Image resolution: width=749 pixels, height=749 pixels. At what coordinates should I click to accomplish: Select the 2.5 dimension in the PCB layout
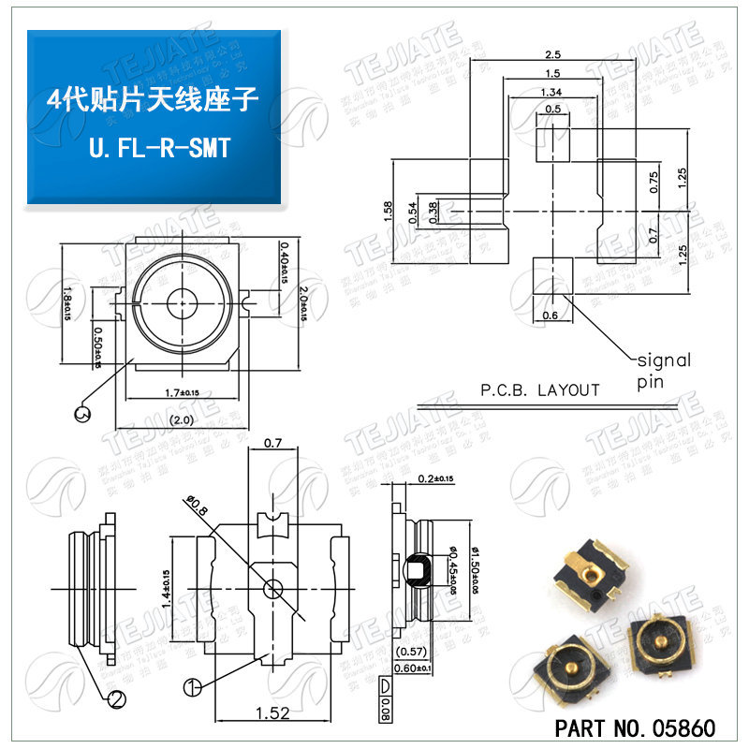(551, 54)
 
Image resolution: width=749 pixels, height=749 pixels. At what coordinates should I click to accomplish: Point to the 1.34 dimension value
(551, 91)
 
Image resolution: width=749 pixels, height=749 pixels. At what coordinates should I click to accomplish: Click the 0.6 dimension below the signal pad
(551, 316)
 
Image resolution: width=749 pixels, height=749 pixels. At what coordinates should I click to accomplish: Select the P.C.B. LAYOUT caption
(539, 389)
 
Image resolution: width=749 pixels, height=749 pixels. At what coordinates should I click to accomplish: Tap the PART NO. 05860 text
(635, 727)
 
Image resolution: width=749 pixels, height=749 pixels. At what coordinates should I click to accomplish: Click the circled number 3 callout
(83, 413)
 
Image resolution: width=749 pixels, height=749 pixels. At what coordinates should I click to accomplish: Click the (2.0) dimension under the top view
(182, 420)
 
